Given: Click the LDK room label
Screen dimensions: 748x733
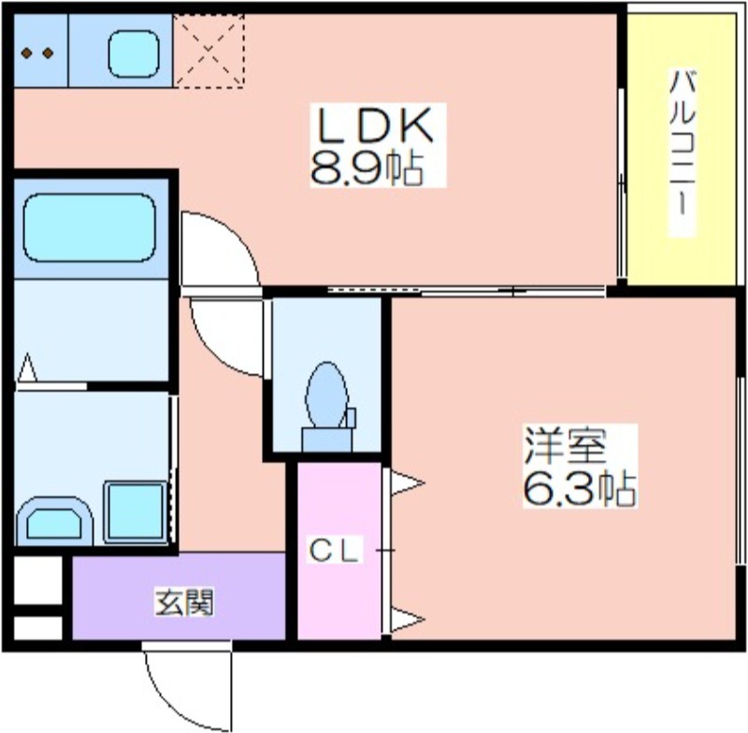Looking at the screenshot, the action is coord(376,125).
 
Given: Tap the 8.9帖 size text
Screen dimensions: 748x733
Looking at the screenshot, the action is coord(367,169).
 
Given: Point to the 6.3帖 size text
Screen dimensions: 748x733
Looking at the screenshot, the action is coord(580,488).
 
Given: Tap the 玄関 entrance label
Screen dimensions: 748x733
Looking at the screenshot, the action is coord(184,602).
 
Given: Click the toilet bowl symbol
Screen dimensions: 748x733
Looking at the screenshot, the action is coord(326,395).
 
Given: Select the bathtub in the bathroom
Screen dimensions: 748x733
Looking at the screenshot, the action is coord(90,227).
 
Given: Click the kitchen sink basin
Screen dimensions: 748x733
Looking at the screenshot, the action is coord(133,53).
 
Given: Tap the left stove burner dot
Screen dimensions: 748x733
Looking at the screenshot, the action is coord(27,53).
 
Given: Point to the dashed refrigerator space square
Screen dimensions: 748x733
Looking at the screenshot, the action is coord(209,50).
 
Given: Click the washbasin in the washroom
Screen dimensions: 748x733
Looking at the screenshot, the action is coord(54,522).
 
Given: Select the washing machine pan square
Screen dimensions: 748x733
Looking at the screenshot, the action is coord(136,512).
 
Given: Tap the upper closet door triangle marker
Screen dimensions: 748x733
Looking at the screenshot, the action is coord(408,483).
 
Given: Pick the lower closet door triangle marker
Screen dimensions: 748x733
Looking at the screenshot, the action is coord(408,620).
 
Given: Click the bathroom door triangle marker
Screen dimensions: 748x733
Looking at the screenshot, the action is coord(27,367).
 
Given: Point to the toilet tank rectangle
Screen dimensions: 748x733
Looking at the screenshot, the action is coord(327,439).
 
